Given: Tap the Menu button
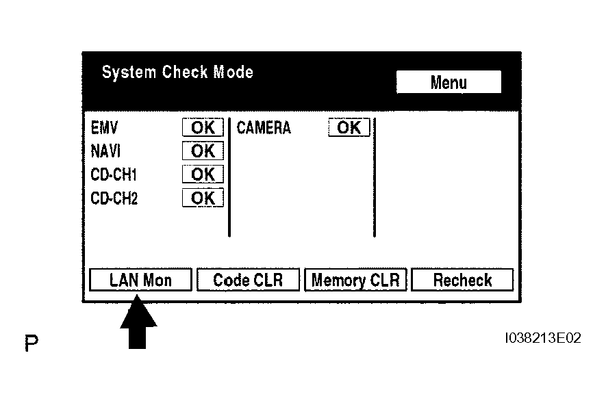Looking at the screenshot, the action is click(449, 82).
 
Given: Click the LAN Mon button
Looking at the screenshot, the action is click(140, 279).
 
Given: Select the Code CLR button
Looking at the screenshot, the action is click(248, 279).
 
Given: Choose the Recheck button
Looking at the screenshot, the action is click(462, 279).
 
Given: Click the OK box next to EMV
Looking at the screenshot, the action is click(203, 127).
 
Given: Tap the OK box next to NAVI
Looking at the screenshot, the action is click(203, 151).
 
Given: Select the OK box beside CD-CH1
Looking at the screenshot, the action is click(203, 174).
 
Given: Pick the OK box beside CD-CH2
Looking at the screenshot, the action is click(203, 198).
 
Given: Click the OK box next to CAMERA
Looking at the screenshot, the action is click(349, 127).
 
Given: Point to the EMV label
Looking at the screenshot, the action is click(104, 128).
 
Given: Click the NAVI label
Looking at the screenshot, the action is click(105, 151).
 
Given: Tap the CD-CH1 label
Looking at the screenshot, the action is click(114, 174).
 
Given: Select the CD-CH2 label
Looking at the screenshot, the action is click(114, 198).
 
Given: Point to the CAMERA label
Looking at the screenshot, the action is click(264, 128).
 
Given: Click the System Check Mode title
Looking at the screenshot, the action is click(177, 73).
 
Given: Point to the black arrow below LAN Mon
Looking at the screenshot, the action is click(138, 322).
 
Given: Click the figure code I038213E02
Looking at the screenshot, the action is click(543, 338).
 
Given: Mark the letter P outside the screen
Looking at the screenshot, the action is click(31, 343).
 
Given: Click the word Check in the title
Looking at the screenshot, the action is click(185, 73).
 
